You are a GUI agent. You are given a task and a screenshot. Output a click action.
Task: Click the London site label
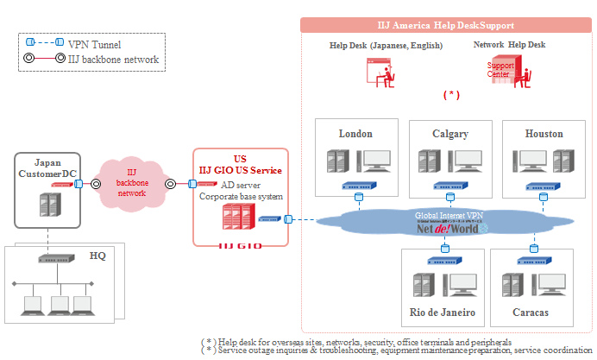[355, 134]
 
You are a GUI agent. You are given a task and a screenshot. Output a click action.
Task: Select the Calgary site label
[450, 134]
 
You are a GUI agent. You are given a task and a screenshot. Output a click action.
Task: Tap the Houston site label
[544, 134]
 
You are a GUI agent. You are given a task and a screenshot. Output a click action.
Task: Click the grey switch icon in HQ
[56, 258]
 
